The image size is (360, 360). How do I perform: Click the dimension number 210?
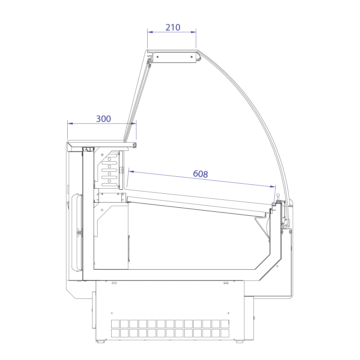tap(173, 28)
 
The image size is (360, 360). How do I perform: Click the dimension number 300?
tap(103, 119)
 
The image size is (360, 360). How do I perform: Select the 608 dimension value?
tap(201, 174)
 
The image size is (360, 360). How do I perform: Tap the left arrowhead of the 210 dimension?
tap(150, 32)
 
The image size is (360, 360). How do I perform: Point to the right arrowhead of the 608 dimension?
tap(273, 186)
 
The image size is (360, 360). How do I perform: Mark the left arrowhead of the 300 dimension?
tap(70, 123)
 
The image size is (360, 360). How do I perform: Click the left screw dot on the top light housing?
tap(158, 57)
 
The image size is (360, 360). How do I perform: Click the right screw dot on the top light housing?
tap(192, 57)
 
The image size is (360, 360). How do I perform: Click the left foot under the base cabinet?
tap(100, 342)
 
